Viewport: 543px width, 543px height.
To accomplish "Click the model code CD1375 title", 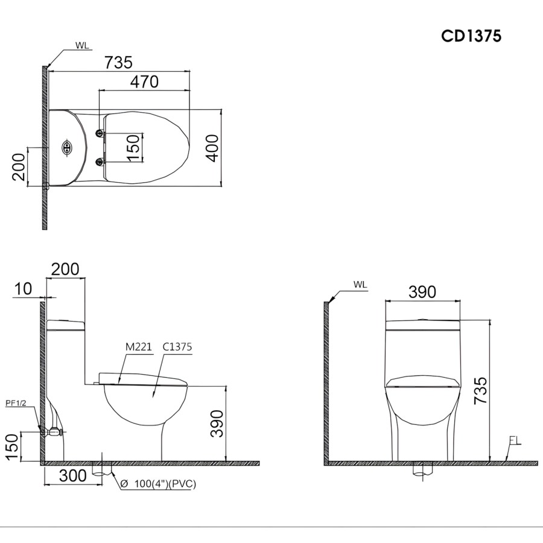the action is (x=471, y=36).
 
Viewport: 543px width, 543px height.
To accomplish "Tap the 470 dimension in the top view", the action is (x=144, y=82).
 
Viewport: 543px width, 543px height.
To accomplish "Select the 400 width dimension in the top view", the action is (x=212, y=148).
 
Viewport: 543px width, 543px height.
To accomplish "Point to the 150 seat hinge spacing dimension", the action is (x=133, y=148).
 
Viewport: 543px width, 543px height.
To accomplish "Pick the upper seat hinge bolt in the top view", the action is (x=100, y=133).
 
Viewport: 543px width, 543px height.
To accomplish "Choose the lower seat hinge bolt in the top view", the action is (x=100, y=161).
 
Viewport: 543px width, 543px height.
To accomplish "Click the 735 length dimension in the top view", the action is (x=118, y=63).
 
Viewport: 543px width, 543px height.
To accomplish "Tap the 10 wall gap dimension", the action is (x=24, y=288).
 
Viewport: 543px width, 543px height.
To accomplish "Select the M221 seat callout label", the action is (x=139, y=347).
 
